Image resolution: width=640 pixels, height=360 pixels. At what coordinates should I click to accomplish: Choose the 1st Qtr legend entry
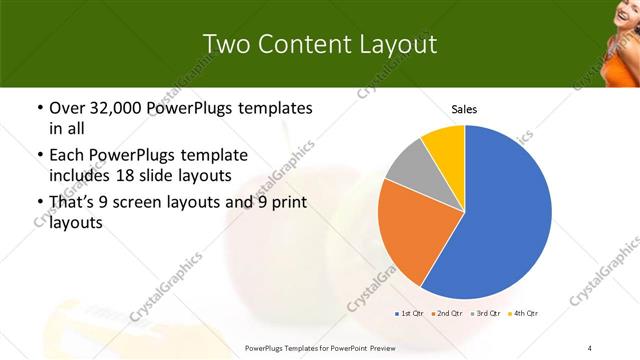410,314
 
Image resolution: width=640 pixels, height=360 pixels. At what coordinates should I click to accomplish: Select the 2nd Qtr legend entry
447,314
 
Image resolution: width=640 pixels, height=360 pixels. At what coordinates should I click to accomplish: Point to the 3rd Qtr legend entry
486,314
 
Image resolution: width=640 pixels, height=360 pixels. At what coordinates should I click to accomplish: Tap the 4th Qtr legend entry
524,314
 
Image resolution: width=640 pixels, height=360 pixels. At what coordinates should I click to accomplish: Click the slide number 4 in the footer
590,347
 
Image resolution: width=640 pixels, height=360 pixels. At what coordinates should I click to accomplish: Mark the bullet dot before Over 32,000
39,108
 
